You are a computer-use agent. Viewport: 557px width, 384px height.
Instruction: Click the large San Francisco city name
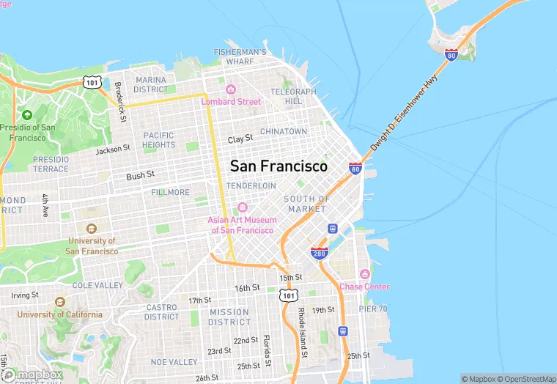pyautogui.click(x=278, y=166)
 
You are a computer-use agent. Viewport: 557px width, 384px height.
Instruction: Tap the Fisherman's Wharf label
pyautogui.click(x=240, y=57)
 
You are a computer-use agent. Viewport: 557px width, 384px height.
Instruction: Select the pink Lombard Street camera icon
pyautogui.click(x=231, y=89)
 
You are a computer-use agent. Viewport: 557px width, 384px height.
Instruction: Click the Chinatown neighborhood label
pyautogui.click(x=284, y=131)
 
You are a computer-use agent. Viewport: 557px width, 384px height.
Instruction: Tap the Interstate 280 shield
pyautogui.click(x=319, y=253)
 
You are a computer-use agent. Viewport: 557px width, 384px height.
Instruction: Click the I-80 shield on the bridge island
pyautogui.click(x=451, y=54)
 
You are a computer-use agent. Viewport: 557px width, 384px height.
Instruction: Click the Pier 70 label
pyautogui.click(x=373, y=309)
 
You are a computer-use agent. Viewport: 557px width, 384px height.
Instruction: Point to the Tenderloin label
pyautogui.click(x=251, y=186)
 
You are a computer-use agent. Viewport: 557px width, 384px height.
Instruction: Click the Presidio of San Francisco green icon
pyautogui.click(x=27, y=115)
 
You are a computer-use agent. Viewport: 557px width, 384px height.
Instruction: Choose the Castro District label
pyautogui.click(x=162, y=312)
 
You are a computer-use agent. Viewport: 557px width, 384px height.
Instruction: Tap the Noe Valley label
pyautogui.click(x=174, y=362)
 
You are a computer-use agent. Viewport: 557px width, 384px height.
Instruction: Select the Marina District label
pyautogui.click(x=151, y=84)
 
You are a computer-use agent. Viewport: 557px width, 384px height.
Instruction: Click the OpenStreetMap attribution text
pyautogui.click(x=525, y=379)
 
